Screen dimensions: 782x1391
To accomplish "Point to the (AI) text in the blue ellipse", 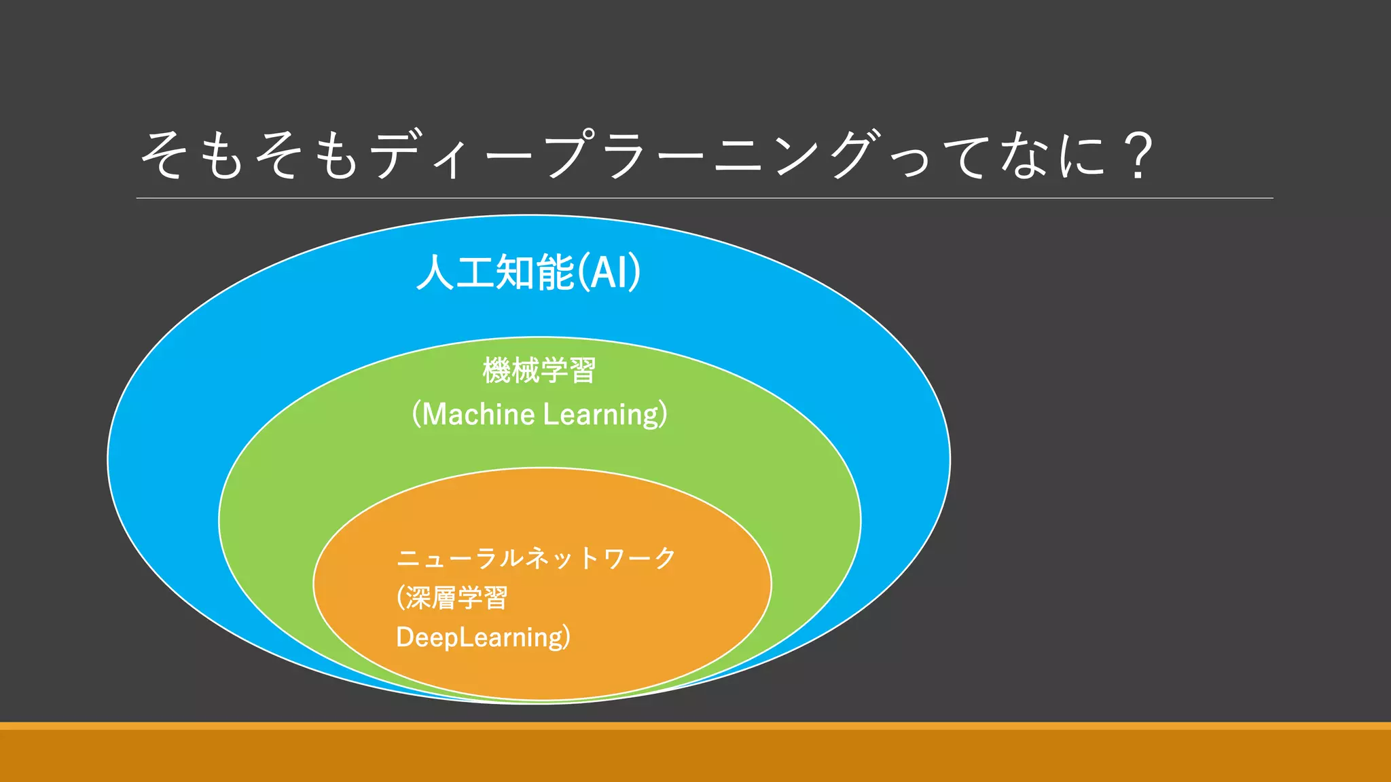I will (x=609, y=273).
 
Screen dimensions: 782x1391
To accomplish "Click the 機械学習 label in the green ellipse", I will (x=539, y=371).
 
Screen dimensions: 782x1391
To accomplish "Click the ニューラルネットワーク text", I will (x=536, y=559).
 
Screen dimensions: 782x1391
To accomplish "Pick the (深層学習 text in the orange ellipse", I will (x=452, y=598).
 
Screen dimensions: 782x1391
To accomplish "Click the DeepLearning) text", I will (x=483, y=637).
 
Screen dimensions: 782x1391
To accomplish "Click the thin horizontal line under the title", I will (x=704, y=198).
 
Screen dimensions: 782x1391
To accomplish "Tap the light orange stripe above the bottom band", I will (x=695, y=726).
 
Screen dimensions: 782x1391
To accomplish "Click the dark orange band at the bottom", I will (x=695, y=756).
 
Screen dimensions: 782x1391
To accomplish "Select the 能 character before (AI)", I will (x=555, y=273).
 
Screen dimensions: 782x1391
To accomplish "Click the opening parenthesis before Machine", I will (x=416, y=414).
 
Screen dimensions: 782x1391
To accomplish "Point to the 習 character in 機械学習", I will (x=583, y=371).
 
